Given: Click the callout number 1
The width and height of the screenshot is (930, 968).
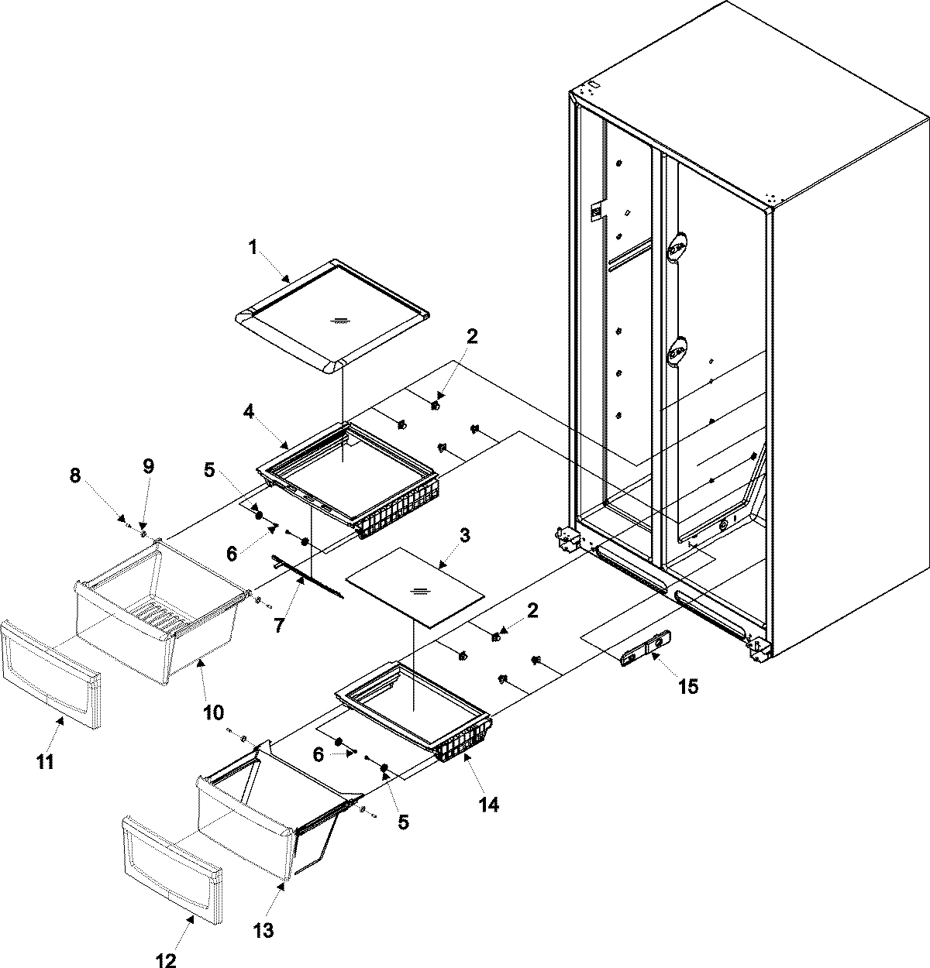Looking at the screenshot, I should [x=252, y=248].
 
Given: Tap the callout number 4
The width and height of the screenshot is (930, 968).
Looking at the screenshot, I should [x=248, y=414].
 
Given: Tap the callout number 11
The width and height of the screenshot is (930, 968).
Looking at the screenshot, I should [x=46, y=763].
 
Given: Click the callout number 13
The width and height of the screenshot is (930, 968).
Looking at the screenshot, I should [x=264, y=930].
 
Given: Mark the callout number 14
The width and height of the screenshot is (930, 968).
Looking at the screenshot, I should [x=487, y=805].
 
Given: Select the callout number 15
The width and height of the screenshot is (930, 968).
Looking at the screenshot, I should [x=687, y=685].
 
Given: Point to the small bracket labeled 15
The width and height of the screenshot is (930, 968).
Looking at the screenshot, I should [x=645, y=647].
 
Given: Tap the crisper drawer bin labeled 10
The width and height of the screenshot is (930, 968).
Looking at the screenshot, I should [x=155, y=620].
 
